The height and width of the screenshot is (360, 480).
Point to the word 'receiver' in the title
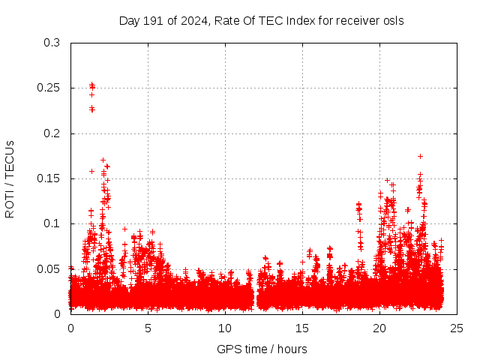(x=358, y=21)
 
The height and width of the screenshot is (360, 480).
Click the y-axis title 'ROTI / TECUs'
(x=10, y=178)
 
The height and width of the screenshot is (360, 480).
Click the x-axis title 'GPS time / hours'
(x=262, y=349)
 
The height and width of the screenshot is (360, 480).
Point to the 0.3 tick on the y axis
(x=52, y=43)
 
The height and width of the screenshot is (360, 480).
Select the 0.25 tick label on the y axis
(x=49, y=88)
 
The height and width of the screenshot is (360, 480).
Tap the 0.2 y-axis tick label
(x=52, y=133)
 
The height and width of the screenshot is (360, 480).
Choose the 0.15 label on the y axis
(x=49, y=178)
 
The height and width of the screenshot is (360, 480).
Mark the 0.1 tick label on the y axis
(x=52, y=223)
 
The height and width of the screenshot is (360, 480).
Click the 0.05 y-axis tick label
(x=49, y=268)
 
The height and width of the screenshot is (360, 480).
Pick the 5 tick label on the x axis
(x=148, y=328)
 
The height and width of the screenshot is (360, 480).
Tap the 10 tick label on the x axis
(x=225, y=328)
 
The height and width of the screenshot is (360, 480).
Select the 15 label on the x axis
(x=302, y=328)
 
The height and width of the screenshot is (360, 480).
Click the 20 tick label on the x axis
(x=379, y=328)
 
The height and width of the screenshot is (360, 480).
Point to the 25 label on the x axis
(x=457, y=328)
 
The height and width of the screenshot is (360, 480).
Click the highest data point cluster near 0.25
(x=91, y=85)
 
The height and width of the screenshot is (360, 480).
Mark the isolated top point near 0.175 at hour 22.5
(x=420, y=156)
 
